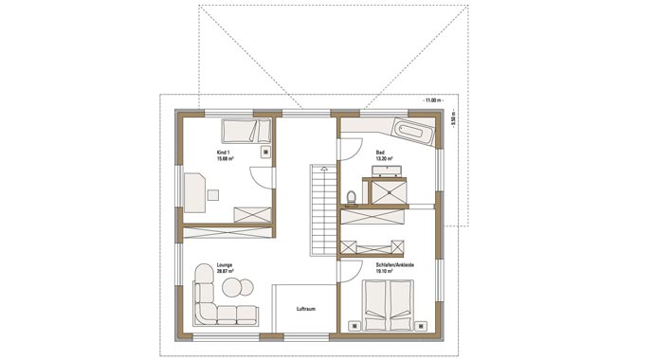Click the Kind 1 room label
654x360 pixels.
point(224,152)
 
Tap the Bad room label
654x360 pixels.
point(380,152)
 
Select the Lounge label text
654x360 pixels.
point(225,265)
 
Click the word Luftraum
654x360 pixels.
point(305,309)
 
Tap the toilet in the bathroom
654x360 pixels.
point(351,197)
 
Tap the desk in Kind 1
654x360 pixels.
point(196,190)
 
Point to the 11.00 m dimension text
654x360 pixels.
point(433,99)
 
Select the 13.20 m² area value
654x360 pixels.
point(385,158)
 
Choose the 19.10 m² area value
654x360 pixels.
point(387,271)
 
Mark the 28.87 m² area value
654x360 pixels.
point(226,272)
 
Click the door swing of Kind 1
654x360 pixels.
point(260,176)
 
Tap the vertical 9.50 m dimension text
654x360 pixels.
point(453,120)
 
